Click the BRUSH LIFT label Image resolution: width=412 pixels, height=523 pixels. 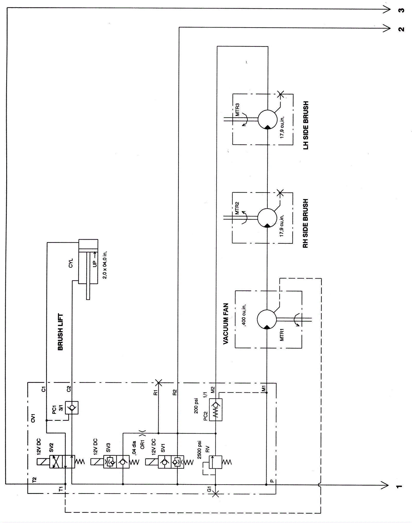pyautogui.click(x=60, y=332)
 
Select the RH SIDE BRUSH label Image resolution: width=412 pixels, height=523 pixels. pyautogui.click(x=305, y=223)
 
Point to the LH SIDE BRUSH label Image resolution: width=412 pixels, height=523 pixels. pyautogui.click(x=306, y=125)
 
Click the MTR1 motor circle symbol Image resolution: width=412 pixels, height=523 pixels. pyautogui.click(x=267, y=319)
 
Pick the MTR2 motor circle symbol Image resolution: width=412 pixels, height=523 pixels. pyautogui.click(x=267, y=218)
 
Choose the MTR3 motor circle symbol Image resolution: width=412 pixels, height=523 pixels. pyautogui.click(x=267, y=119)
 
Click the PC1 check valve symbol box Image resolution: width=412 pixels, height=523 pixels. pyautogui.click(x=72, y=407)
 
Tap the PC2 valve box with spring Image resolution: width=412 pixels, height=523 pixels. pyautogui.click(x=216, y=410)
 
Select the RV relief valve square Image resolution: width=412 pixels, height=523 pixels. pyautogui.click(x=216, y=462)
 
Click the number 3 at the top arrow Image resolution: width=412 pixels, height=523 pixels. pyautogui.click(x=401, y=10)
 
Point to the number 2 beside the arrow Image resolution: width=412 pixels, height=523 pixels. pyautogui.click(x=401, y=29)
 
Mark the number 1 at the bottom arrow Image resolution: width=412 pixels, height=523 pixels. pyautogui.click(x=399, y=486)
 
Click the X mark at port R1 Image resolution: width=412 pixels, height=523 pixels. pyautogui.click(x=158, y=383)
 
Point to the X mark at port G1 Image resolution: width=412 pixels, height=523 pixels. pyautogui.click(x=216, y=493)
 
